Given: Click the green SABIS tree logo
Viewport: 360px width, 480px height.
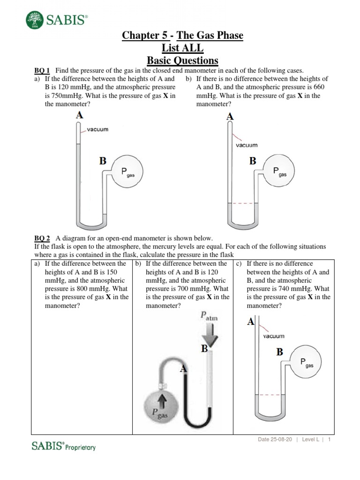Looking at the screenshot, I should [34, 19].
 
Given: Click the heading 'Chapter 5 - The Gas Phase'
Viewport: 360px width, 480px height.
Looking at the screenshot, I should [183, 36].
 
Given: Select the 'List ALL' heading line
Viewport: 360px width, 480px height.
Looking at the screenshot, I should [182, 48].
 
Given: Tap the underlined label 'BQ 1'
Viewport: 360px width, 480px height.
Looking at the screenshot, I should [42, 70].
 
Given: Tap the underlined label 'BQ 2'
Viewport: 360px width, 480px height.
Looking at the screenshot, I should [42, 238].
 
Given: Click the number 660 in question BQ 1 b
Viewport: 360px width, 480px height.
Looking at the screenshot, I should [318, 87].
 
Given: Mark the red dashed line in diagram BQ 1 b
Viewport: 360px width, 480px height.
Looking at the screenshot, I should [242, 203].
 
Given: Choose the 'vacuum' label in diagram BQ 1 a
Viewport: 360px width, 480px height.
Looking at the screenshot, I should [97, 129].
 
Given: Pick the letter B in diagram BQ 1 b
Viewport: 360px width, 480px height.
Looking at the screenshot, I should [253, 161].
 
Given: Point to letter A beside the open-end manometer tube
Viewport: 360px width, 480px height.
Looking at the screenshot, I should [183, 369].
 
